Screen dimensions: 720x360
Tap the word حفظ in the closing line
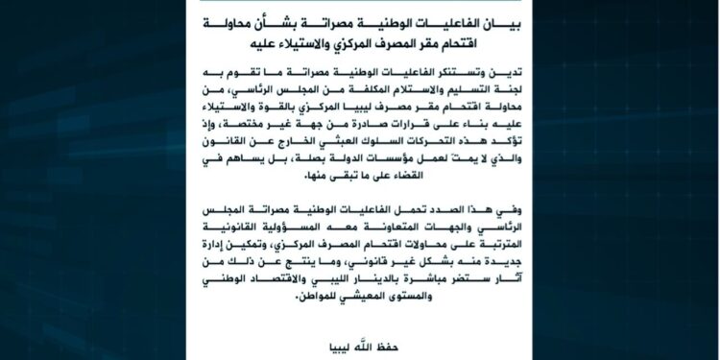click(x=382, y=343)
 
